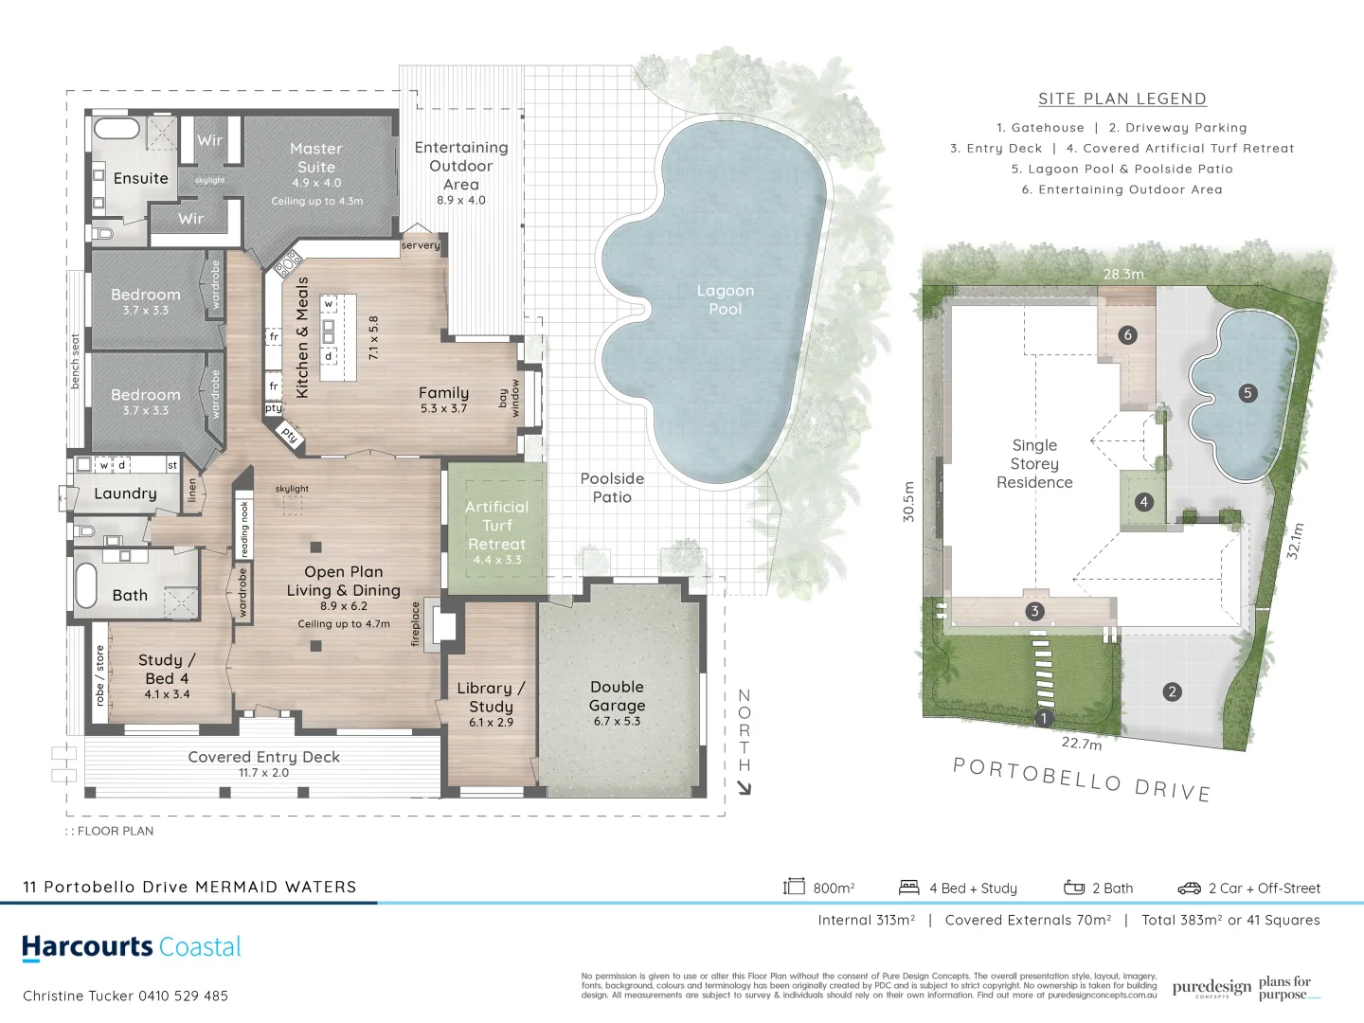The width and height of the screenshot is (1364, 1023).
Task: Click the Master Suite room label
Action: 316,158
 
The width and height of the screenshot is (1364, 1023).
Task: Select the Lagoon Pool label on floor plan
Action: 726,299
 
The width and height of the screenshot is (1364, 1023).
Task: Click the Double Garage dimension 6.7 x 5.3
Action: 617,721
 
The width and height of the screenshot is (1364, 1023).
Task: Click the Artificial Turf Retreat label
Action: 496,526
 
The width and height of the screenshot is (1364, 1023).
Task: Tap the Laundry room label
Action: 125,494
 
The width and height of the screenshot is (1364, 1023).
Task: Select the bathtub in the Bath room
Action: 86,586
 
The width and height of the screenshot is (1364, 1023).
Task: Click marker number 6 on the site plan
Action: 1127,334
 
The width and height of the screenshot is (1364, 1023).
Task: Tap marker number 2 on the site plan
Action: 1172,691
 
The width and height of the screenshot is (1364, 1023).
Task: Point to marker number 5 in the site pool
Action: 1247,392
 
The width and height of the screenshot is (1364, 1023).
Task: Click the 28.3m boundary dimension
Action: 1123,274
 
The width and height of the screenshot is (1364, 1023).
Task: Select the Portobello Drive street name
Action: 1082,780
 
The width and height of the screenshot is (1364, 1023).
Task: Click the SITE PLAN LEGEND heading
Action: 1122,99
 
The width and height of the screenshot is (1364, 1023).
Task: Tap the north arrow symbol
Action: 744,787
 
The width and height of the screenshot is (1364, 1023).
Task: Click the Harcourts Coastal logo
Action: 132,947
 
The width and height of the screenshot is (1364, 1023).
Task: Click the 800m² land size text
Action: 834,888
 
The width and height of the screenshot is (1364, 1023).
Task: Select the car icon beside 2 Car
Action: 1189,888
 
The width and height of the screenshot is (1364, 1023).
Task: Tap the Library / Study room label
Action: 491,697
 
